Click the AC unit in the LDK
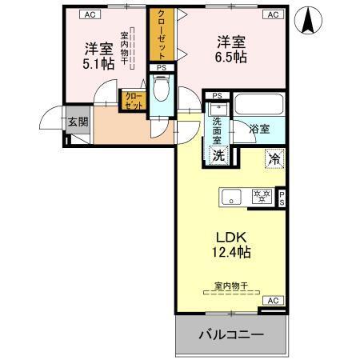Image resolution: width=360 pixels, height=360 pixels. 272,301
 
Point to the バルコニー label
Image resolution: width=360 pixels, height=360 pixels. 231,334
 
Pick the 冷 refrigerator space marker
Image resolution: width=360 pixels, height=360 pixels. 274,158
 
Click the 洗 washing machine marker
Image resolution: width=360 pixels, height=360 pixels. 218,155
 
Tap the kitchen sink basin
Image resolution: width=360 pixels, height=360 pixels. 233,195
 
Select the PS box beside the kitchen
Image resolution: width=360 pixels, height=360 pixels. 281,198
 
